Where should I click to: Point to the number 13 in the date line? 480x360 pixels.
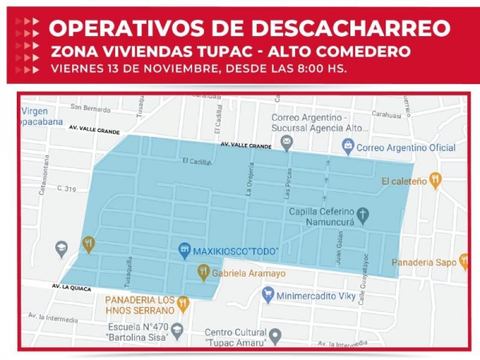117,68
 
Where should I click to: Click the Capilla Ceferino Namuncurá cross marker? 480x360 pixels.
363,214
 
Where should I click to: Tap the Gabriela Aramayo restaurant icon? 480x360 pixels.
203,273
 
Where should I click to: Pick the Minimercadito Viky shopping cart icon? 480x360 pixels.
268,294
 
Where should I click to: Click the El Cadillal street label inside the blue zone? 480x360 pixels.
197,161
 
